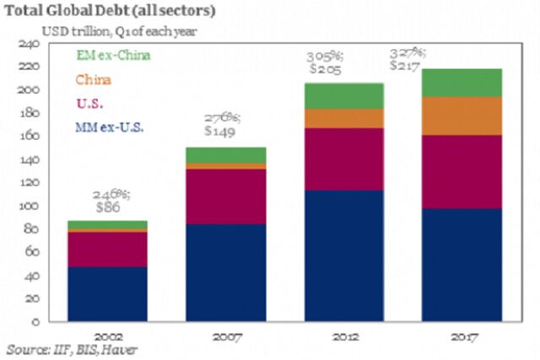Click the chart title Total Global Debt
pos(110,11)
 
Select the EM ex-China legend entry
pos(108,58)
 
